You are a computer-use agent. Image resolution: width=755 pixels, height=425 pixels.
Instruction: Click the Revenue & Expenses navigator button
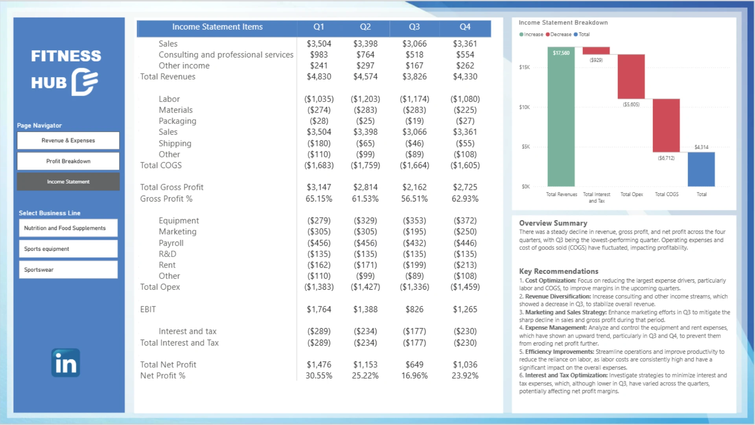[x=68, y=140]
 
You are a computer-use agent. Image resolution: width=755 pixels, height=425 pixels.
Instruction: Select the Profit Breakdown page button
[x=68, y=161]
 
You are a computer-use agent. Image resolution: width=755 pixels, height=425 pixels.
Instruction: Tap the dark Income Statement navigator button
[x=68, y=182]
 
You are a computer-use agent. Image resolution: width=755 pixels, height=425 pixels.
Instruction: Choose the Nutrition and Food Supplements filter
[x=68, y=228]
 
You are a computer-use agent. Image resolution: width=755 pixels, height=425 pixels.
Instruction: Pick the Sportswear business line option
[x=68, y=270]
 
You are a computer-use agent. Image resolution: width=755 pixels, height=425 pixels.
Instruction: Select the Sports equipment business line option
[x=68, y=249]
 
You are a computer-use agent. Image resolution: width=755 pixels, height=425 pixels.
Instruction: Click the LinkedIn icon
[x=66, y=363]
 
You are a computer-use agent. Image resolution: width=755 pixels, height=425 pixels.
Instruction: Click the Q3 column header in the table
[x=414, y=27]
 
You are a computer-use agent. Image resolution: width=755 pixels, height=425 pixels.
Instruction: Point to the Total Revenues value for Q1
[x=319, y=77]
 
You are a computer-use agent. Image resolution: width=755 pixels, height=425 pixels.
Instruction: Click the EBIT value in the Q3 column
[x=414, y=309]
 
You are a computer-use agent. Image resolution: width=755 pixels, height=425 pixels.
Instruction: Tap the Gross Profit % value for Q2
[x=365, y=199]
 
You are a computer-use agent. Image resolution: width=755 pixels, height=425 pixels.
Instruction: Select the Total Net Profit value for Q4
[x=465, y=365]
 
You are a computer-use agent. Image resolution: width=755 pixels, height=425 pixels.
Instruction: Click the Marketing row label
[x=177, y=232]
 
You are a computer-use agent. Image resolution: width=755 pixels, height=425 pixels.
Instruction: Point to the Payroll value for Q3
[x=414, y=243]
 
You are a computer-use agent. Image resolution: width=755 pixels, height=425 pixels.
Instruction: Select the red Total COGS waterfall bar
[x=666, y=125]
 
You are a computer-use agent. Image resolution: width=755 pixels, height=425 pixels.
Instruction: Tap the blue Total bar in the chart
[x=701, y=169]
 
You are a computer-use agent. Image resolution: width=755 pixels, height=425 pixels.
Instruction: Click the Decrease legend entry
[x=558, y=35]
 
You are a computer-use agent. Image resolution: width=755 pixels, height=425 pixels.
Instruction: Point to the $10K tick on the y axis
[x=524, y=107]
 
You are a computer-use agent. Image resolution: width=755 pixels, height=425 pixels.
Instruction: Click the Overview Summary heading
[x=553, y=223]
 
